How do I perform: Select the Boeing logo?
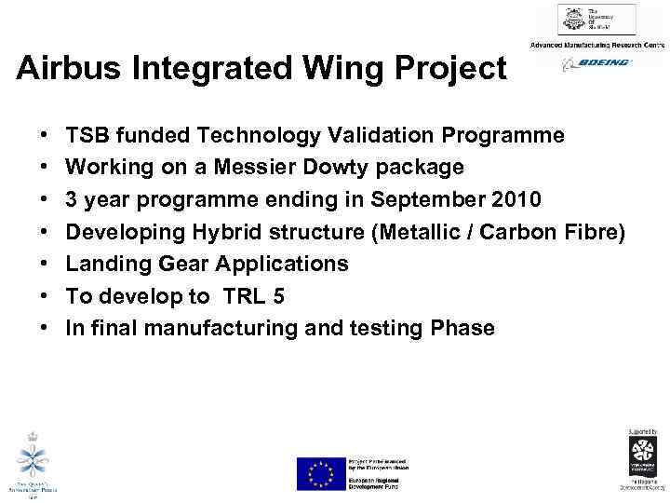[x=596, y=62]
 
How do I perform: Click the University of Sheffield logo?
[x=596, y=20]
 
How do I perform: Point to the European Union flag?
[x=320, y=473]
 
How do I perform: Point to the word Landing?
[x=105, y=264]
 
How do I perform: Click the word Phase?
[x=462, y=328]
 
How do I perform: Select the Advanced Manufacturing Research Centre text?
[x=596, y=45]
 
